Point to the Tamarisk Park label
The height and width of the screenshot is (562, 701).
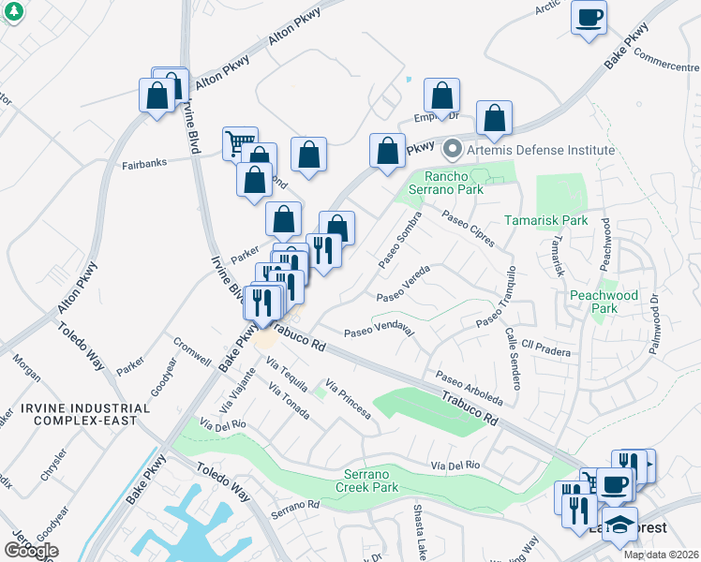545,220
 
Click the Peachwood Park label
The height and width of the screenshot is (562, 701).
604,302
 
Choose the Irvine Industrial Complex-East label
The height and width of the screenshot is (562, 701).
91,414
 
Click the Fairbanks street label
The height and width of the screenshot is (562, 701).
144,163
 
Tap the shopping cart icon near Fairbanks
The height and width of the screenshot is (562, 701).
240,144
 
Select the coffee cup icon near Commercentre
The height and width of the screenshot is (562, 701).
589,18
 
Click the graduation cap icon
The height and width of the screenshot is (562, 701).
619,525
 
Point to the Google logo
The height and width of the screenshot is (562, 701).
31,551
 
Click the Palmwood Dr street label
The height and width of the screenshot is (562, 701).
654,325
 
